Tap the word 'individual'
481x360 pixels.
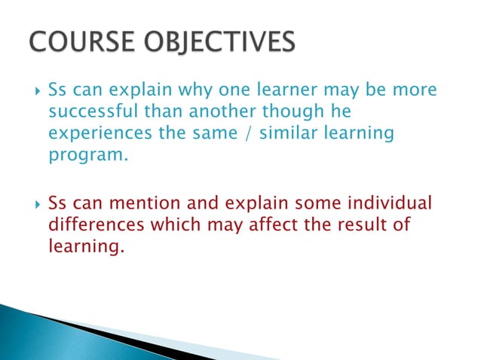click(393, 204)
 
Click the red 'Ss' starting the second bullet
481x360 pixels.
click(57, 204)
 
